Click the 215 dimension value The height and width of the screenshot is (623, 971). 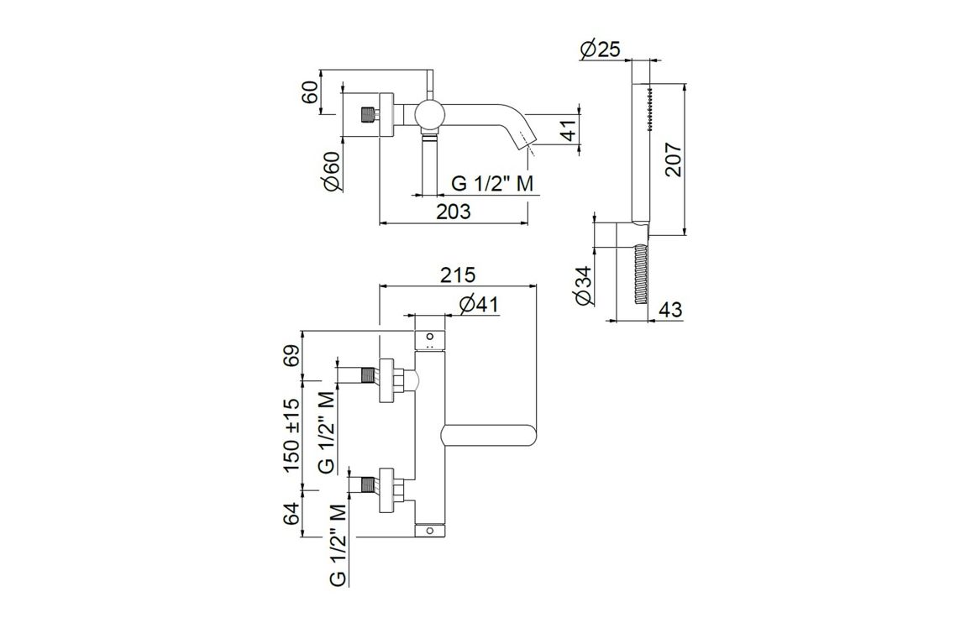pyautogui.click(x=458, y=275)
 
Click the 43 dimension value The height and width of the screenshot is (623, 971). pyautogui.click(x=669, y=310)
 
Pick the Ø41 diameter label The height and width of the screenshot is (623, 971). pyautogui.click(x=480, y=304)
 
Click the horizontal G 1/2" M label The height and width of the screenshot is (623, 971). pyautogui.click(x=493, y=184)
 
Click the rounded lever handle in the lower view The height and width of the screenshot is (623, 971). pyautogui.click(x=487, y=436)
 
